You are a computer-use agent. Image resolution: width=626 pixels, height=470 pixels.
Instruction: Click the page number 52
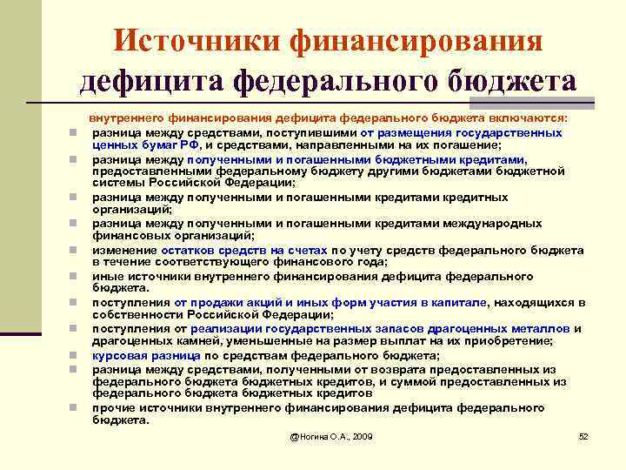pos(583,435)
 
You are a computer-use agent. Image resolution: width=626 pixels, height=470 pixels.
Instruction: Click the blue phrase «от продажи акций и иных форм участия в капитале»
pos(330,303)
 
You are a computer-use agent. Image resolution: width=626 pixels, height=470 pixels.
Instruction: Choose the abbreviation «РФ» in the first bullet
pos(201,145)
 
